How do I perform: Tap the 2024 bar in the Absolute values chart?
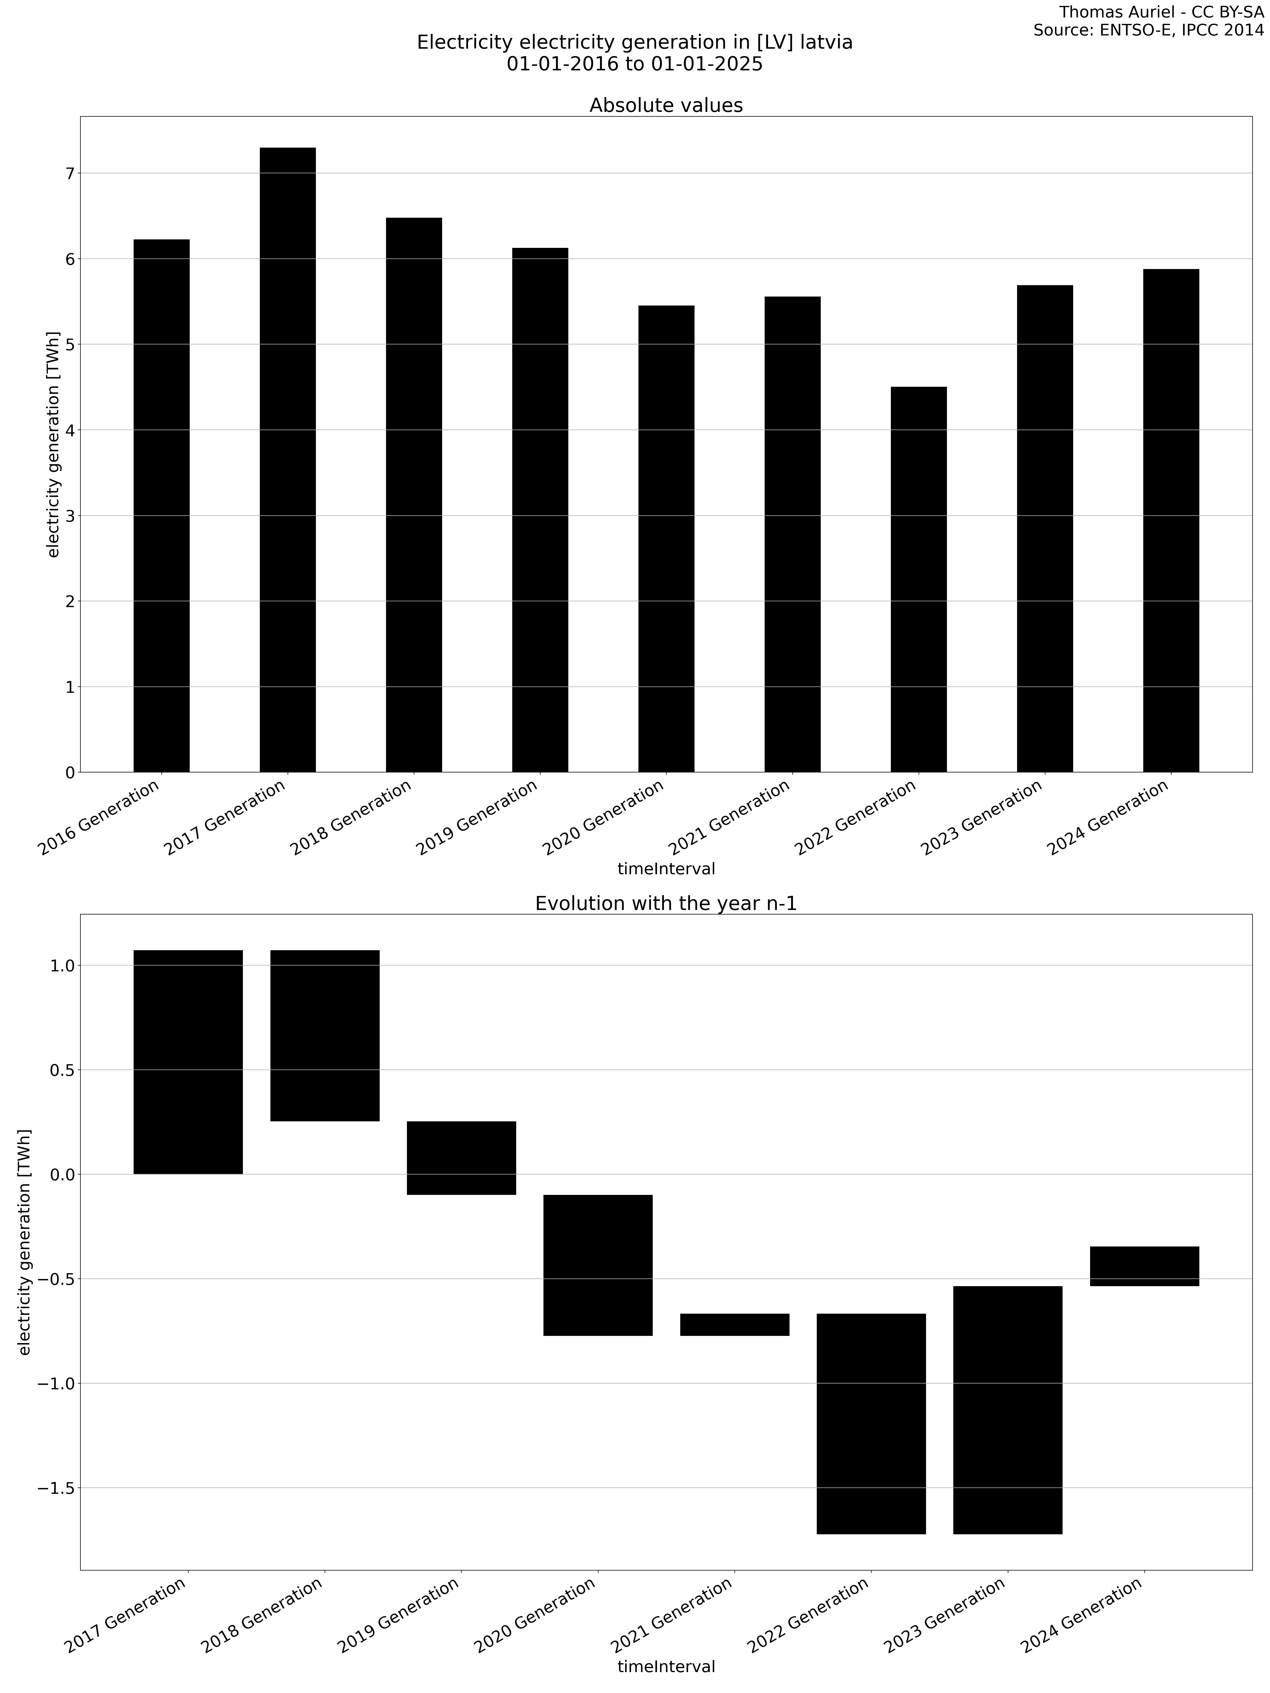coord(1171,520)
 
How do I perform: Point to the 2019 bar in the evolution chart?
coord(461,1157)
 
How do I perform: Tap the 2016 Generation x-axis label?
coord(99,817)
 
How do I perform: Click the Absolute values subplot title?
coord(665,106)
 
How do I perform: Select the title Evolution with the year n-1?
coord(665,904)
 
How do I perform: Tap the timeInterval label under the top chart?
coord(665,869)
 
